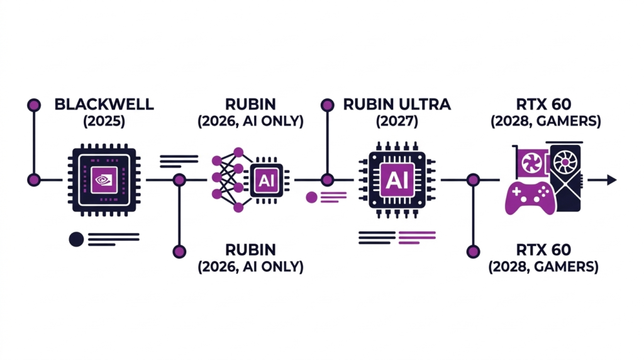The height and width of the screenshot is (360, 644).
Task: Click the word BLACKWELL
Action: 104,104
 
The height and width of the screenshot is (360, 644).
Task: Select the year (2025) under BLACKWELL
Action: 104,121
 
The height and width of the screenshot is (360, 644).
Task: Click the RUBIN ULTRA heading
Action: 397,104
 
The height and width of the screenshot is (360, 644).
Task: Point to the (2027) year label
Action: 397,121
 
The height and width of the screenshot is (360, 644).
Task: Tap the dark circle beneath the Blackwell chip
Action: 76,239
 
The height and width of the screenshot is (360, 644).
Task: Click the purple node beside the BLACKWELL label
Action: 34,105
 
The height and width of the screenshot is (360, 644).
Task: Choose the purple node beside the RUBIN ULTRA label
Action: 327,105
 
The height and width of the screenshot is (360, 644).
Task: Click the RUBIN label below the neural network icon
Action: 250,249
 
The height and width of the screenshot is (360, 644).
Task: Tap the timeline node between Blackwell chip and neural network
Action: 179,181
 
